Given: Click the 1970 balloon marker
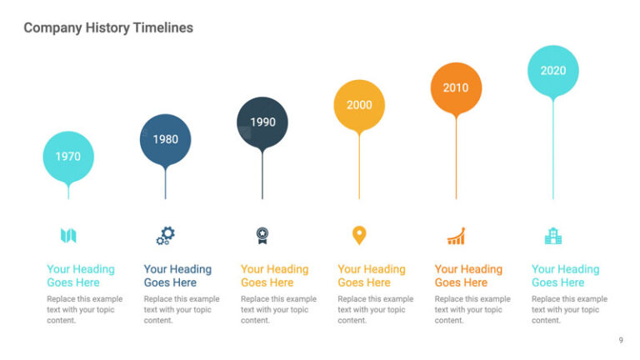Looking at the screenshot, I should [x=68, y=157].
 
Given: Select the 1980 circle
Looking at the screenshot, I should [x=165, y=139].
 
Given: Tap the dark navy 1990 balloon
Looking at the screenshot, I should [x=262, y=122].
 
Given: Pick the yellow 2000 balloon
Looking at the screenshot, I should [x=359, y=105].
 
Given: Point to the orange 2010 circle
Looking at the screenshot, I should [x=456, y=87].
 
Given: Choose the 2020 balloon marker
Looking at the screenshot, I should [x=553, y=71].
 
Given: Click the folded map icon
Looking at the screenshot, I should [x=68, y=236].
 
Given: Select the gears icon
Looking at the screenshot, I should [x=165, y=236].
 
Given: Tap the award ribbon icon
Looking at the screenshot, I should [x=262, y=236].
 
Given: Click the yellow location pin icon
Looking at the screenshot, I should [x=359, y=236].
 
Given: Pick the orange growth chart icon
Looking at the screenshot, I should [x=456, y=237].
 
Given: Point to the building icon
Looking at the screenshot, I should [x=553, y=237].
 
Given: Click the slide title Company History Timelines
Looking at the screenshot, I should [x=108, y=27].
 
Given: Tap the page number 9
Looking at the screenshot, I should [x=621, y=340].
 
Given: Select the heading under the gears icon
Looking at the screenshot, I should [x=177, y=276].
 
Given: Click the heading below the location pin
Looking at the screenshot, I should [x=372, y=276].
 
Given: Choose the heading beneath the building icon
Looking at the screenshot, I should [x=565, y=276].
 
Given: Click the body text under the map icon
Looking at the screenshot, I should [x=84, y=309].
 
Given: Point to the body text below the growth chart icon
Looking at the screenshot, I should [x=472, y=309].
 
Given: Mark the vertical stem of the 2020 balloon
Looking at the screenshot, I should [x=553, y=150].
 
